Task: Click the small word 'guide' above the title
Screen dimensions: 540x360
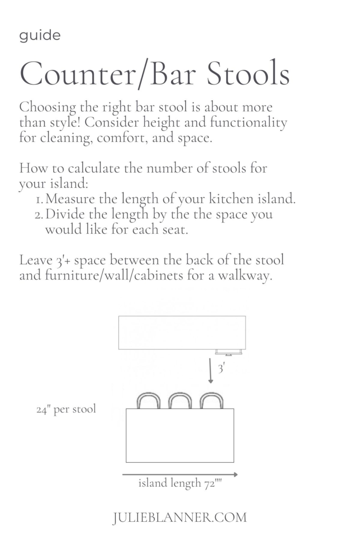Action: [40, 36]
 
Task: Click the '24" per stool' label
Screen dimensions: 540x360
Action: [66, 409]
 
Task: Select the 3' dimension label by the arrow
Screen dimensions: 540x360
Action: [221, 368]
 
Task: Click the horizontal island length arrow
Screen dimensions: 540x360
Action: [180, 474]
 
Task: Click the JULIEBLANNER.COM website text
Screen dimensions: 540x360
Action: [180, 517]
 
